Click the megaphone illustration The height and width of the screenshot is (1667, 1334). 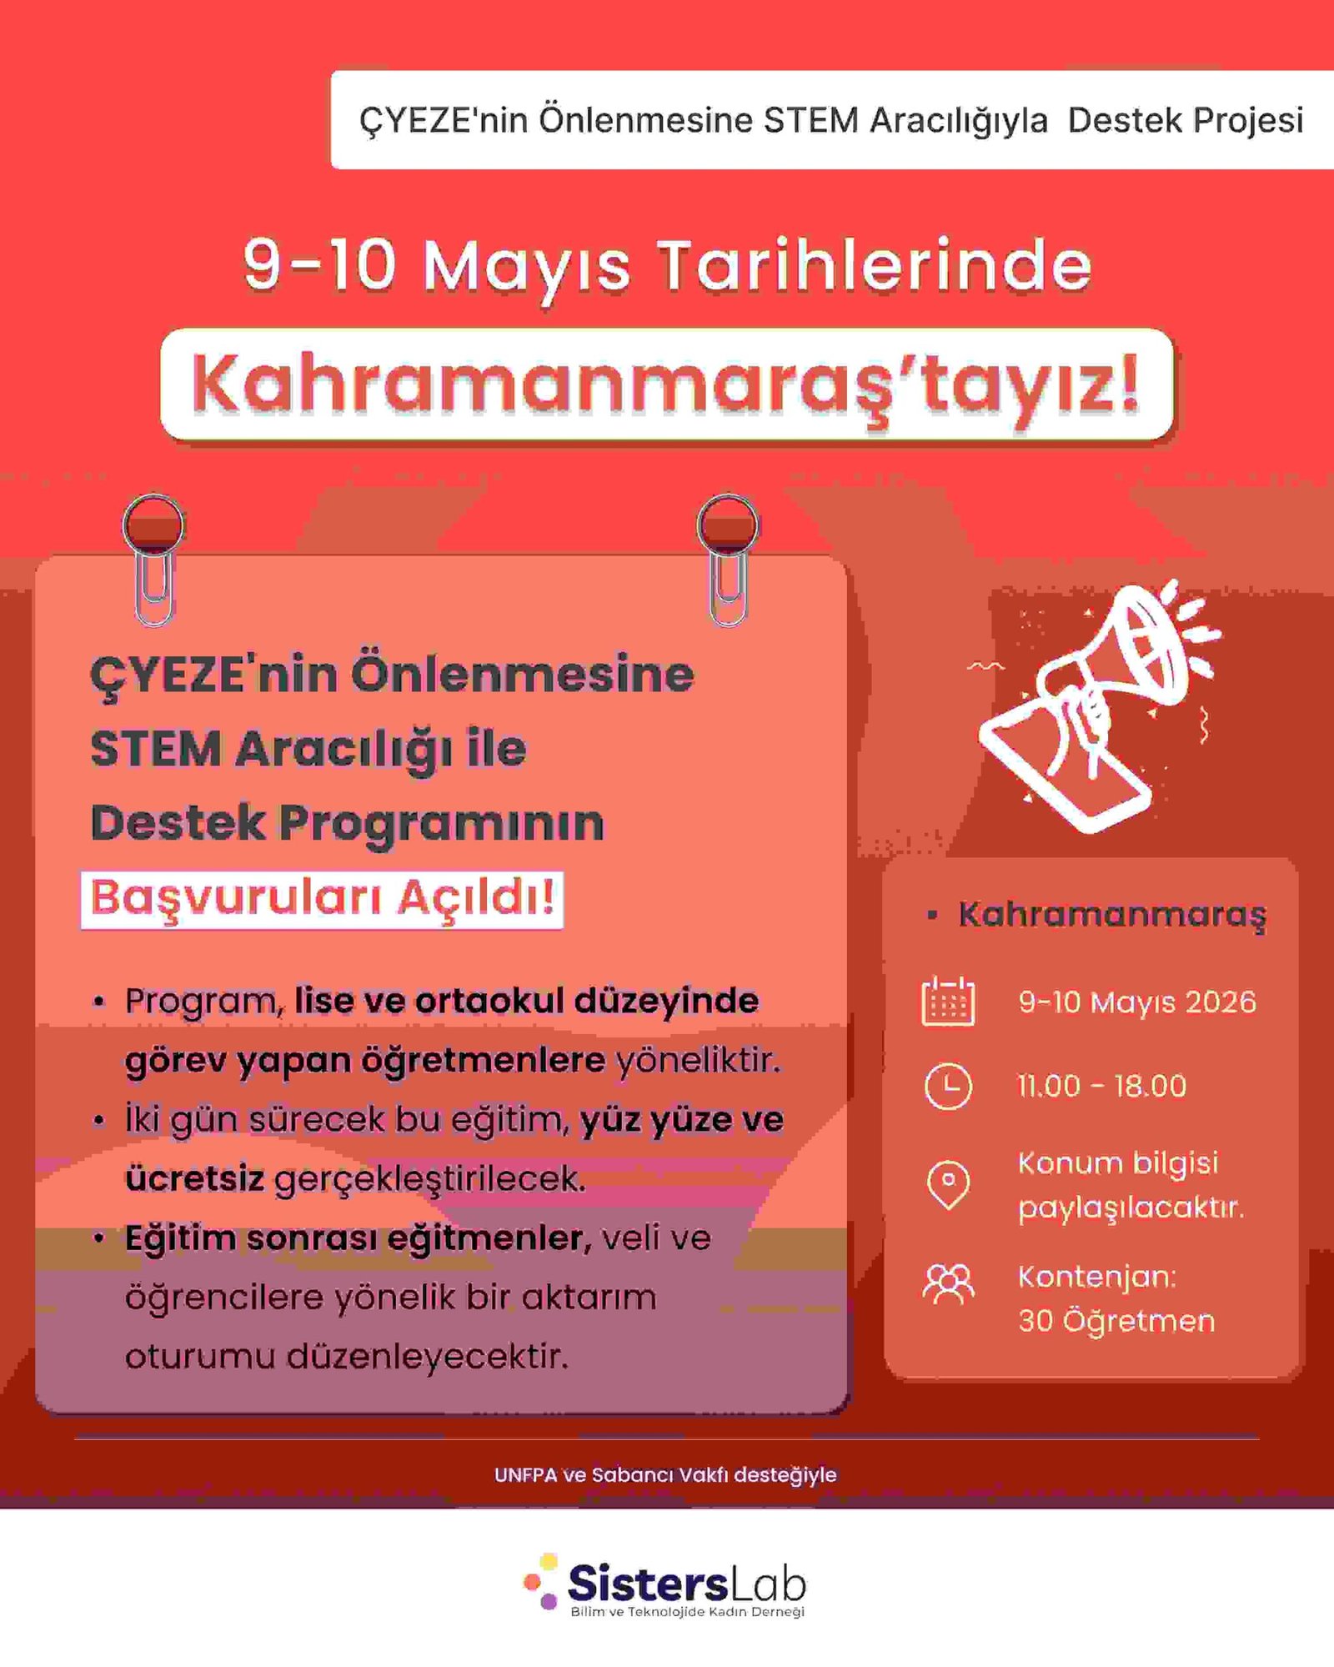point(1092,705)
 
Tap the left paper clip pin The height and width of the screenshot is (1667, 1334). point(153,559)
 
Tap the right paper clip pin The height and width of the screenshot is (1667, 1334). point(728,559)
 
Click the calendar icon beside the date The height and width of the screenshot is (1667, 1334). point(948,1001)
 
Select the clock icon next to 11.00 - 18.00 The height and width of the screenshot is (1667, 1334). point(948,1086)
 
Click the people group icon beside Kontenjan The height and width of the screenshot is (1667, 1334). point(948,1284)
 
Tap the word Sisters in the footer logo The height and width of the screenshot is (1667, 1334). point(647,1582)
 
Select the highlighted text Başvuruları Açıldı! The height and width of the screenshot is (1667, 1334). point(322,899)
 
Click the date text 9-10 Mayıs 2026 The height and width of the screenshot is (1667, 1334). point(1137,1002)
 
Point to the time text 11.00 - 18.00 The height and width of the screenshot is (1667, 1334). point(1101,1086)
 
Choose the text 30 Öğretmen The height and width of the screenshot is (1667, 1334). point(1116,1321)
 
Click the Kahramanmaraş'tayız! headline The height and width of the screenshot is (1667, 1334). point(666,384)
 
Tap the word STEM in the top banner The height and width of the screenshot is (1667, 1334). point(811,120)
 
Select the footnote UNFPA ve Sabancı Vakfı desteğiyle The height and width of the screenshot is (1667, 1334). point(665,1474)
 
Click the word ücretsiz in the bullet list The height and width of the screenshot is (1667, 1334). point(194,1178)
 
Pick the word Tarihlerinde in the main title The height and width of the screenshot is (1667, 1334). point(875,265)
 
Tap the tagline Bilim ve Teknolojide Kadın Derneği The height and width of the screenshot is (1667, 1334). point(687,1612)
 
